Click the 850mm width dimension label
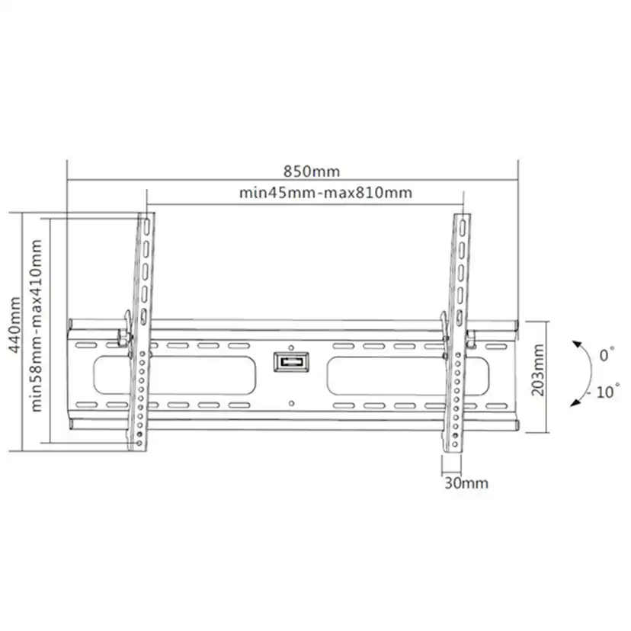(312, 171)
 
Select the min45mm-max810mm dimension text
(325, 193)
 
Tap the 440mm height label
(14, 325)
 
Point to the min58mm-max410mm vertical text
(37, 325)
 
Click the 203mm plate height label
(537, 370)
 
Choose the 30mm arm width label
(466, 483)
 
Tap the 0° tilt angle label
(607, 354)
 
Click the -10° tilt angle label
(604, 392)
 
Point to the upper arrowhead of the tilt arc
(578, 345)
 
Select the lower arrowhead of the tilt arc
(575, 402)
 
